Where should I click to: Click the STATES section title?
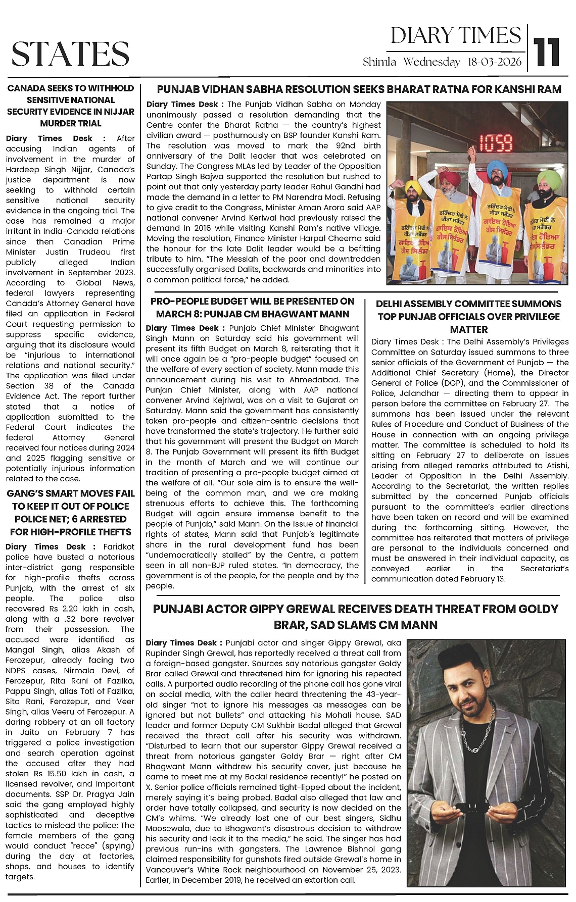(x=70, y=54)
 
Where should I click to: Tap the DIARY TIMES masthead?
(x=456, y=36)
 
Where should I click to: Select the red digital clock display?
(x=495, y=143)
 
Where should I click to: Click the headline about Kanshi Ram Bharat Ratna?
(x=359, y=89)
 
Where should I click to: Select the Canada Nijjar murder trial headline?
(x=71, y=106)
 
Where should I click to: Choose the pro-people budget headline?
(x=253, y=308)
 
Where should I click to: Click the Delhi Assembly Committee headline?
(x=468, y=316)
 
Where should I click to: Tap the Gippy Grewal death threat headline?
(x=355, y=617)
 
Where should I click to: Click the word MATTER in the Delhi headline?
(x=468, y=329)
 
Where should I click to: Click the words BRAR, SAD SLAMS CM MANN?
(x=355, y=625)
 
